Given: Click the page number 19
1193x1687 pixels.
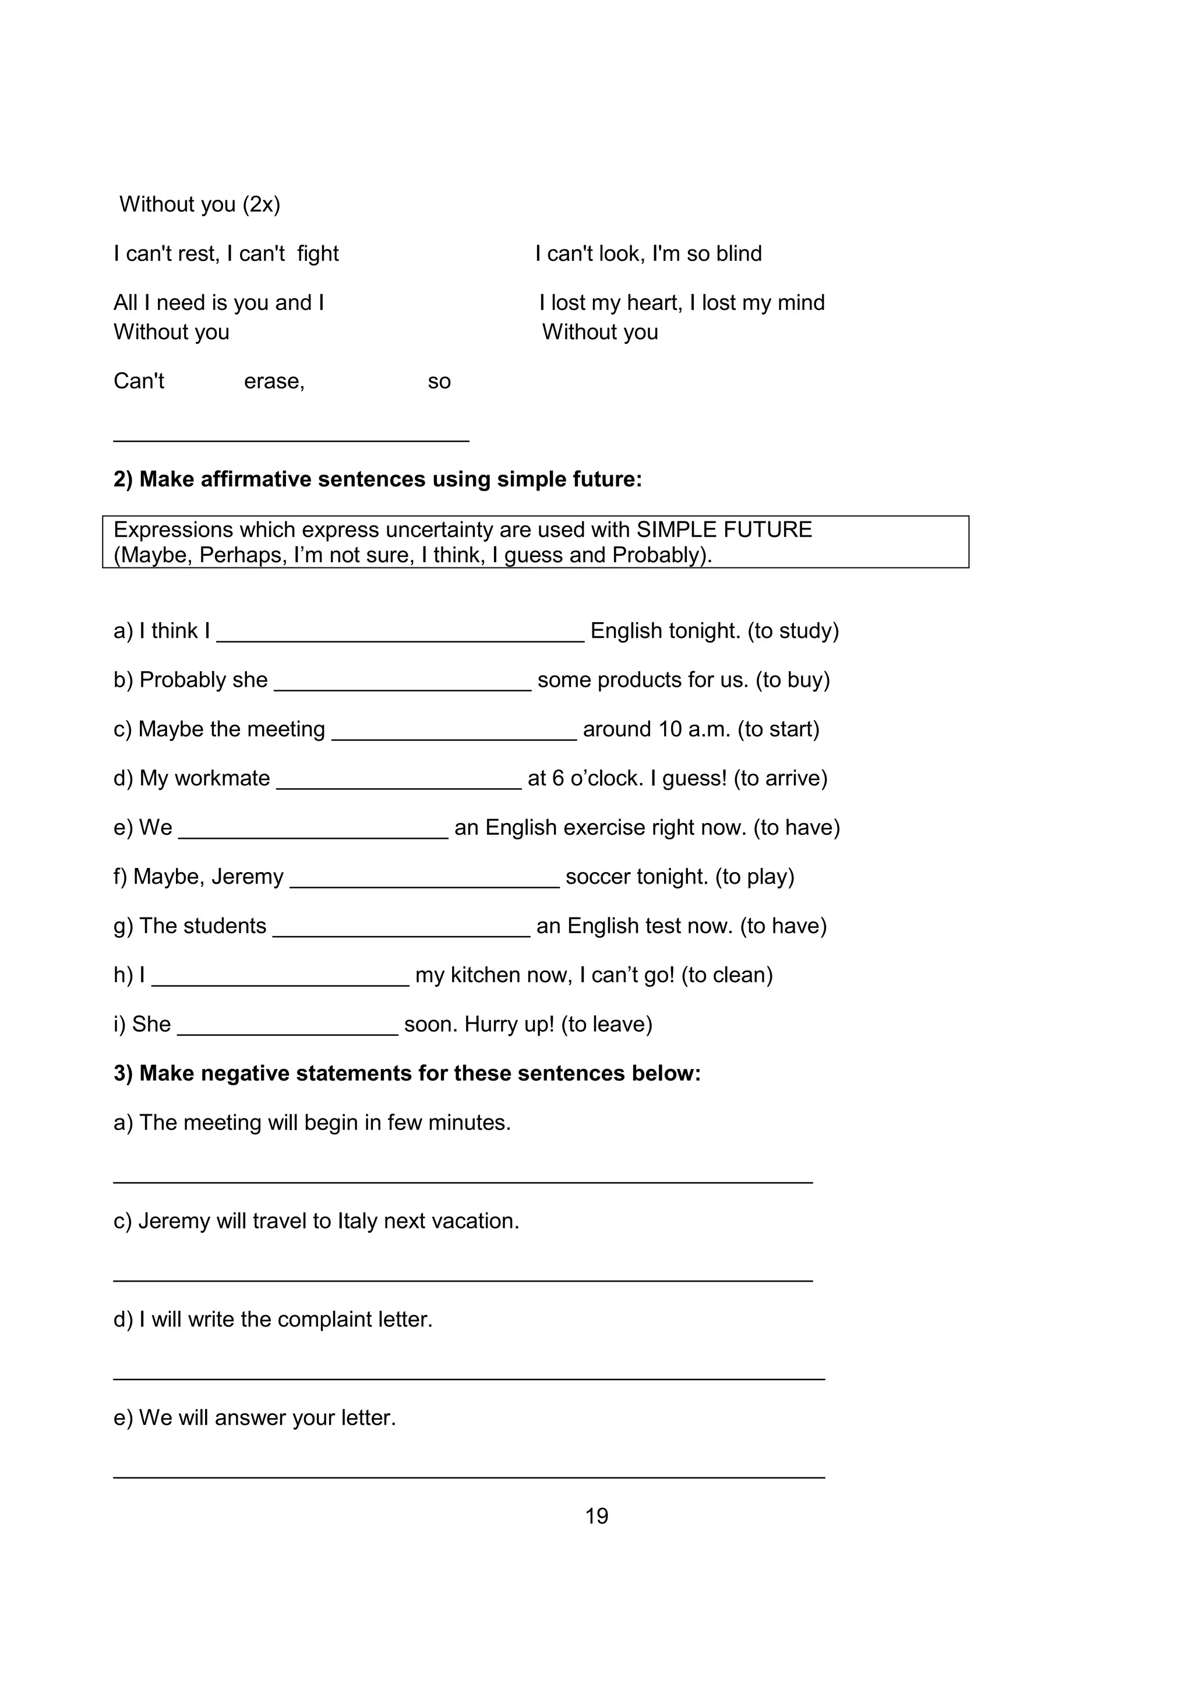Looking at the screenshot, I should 596,1516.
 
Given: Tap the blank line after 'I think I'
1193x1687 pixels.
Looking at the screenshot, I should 400,636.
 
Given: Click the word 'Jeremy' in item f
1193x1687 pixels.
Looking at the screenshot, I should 248,877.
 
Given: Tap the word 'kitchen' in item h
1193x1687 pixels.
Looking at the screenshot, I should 487,975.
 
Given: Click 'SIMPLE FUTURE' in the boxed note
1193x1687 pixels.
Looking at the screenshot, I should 723,530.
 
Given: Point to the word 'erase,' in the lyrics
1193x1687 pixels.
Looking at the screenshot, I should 274,382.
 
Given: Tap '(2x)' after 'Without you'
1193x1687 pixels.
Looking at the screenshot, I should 262,204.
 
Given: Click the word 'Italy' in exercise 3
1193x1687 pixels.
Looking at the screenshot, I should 357,1221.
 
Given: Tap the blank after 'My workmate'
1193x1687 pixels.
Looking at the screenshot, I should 399,784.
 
